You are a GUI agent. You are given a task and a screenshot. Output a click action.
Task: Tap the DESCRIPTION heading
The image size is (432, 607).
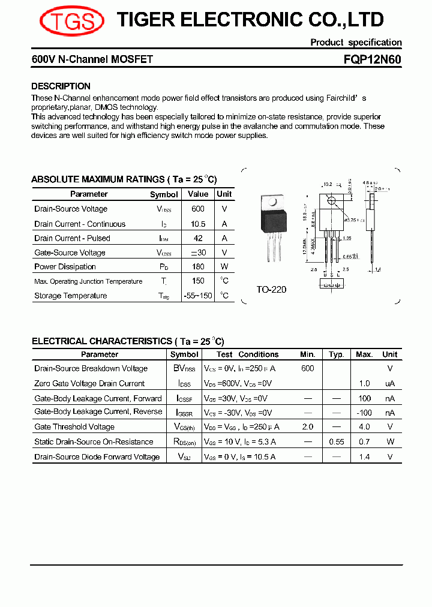click(x=61, y=86)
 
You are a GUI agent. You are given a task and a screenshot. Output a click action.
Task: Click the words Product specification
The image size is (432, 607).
click(x=356, y=43)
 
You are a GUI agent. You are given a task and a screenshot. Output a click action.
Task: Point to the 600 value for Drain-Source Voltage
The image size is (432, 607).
click(x=198, y=209)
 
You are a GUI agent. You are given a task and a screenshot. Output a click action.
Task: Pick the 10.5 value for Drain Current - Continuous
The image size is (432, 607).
click(x=198, y=224)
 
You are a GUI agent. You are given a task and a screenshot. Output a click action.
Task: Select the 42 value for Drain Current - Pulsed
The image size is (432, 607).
click(x=198, y=238)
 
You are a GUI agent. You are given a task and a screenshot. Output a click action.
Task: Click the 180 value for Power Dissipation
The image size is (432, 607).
click(x=198, y=266)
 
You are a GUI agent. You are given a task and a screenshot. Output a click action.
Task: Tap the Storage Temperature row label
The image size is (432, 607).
click(x=70, y=296)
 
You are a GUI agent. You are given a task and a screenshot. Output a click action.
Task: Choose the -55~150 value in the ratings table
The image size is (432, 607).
click(x=198, y=296)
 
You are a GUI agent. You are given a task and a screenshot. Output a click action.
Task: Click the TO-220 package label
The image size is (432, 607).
click(x=271, y=290)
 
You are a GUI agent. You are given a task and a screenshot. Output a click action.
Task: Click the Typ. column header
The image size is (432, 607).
click(x=337, y=354)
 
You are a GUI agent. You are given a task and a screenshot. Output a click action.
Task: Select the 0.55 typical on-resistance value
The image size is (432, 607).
click(x=337, y=442)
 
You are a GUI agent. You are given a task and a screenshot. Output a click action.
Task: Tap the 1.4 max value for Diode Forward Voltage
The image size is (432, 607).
click(x=364, y=457)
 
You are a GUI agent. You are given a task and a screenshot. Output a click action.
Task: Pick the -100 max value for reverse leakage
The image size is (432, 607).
click(x=364, y=413)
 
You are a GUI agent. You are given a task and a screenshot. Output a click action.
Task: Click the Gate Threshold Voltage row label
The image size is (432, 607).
click(x=74, y=427)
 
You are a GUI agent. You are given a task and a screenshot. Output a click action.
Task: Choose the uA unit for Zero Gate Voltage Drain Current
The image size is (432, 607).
click(x=390, y=384)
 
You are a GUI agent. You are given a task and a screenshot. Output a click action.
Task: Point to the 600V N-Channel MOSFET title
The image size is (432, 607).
click(x=92, y=60)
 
